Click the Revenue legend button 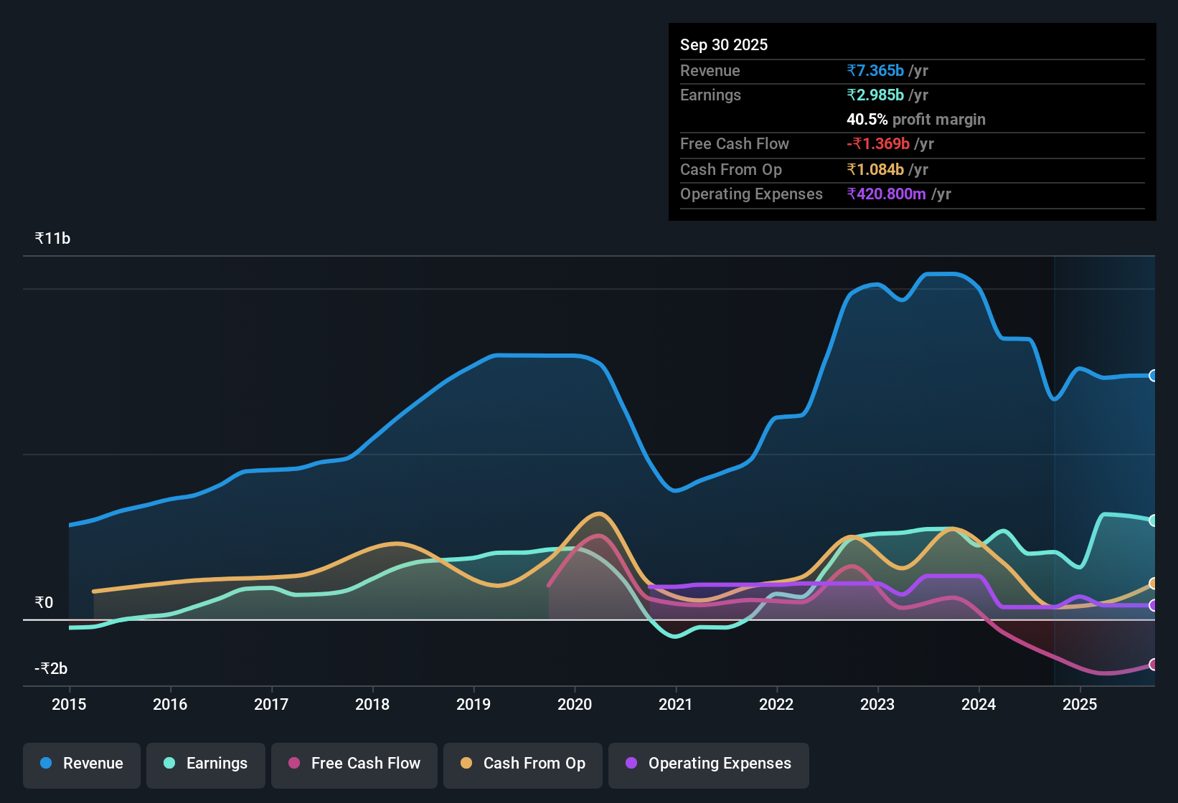(82, 763)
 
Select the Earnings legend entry (206, 763)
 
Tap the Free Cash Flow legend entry (354, 763)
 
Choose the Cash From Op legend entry (523, 763)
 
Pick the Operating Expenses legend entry (709, 763)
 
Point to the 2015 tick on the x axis (69, 704)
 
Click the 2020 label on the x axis (575, 704)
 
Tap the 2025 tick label (1080, 704)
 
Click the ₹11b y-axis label (52, 239)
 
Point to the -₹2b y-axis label (51, 668)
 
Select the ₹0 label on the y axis (44, 602)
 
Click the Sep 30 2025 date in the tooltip (724, 44)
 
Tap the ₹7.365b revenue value (875, 70)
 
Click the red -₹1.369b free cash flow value (878, 143)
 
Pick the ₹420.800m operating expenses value (886, 194)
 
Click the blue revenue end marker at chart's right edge (1153, 376)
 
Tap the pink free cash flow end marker (1153, 665)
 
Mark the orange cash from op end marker (1153, 584)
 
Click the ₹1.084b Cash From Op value (875, 169)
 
